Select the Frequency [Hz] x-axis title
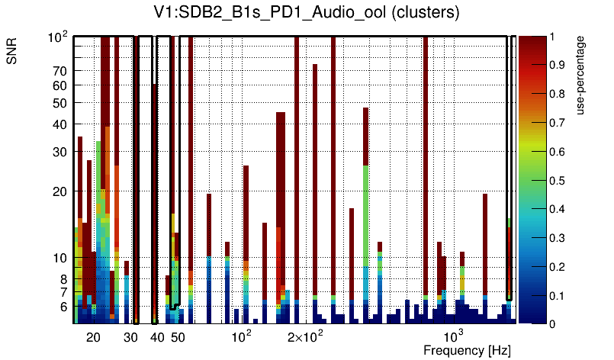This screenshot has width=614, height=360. (467, 350)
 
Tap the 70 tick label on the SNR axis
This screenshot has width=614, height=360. (60, 71)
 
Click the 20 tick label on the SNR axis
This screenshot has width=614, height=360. (60, 191)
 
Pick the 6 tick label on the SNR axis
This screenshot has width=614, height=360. (63, 307)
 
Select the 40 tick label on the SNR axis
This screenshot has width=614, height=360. (60, 124)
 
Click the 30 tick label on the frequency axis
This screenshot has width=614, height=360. (130, 337)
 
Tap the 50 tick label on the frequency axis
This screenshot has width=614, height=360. (177, 337)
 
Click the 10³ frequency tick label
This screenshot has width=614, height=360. (454, 336)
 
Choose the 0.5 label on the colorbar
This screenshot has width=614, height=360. (560, 181)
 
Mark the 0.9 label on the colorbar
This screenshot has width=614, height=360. (560, 66)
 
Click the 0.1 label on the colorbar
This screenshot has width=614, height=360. (560, 295)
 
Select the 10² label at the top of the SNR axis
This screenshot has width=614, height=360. (59, 37)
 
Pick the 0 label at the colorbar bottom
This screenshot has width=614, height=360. (552, 323)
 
